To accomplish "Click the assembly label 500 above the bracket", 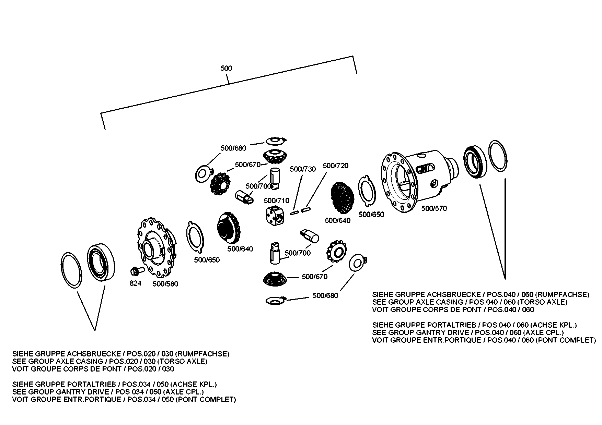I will point(226,69).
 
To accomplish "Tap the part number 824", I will point(135,283).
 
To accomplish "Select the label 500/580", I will point(165,284).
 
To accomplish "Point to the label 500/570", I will point(434,208).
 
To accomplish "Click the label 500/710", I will point(276,201).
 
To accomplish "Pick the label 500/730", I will point(303,169).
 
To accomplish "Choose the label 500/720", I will point(335,166).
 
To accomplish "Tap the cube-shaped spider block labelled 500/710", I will point(275,216).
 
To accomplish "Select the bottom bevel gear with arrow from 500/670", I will point(274,279).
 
